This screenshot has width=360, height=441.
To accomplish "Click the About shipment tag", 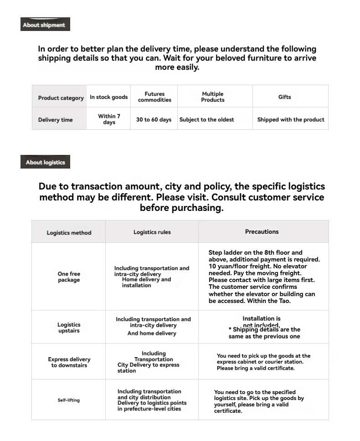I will pos(45,25).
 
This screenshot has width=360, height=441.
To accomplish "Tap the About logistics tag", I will pos(45,162).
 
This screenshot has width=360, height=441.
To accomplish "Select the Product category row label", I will pos(61,98).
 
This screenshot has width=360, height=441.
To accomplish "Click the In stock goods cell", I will pos(108,97).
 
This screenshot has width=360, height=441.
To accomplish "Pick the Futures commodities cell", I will pos(154,97).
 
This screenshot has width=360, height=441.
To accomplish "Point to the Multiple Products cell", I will pos(213,97).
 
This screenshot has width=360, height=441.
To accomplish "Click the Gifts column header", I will pos(284,97).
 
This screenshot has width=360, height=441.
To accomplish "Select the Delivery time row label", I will pos(55,120).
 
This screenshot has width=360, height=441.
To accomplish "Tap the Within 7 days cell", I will pos(109,119).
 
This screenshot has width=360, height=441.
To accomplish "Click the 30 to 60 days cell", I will pos(154,120).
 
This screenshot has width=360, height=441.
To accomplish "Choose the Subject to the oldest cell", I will pos(206,120).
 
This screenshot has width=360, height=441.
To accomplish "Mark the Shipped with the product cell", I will pos(291,120).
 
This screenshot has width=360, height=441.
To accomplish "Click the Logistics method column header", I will pos(69,233).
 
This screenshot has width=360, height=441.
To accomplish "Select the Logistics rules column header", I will pos(152,232).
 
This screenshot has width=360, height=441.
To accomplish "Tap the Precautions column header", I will pos(262,232).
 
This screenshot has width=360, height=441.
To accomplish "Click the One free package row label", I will pos(69,277).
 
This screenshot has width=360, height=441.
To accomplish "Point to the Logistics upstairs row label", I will pos(69,328).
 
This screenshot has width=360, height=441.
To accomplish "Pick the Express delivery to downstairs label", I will pos(69,362).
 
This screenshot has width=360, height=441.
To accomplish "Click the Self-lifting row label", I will pos(68,400).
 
